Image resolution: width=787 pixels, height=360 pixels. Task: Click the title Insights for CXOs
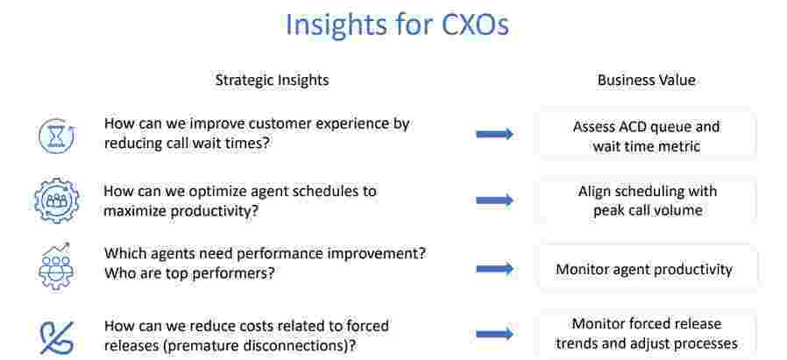click(x=397, y=25)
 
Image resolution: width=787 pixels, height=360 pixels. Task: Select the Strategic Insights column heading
click(x=272, y=81)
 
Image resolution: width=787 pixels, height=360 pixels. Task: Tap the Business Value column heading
click(x=647, y=81)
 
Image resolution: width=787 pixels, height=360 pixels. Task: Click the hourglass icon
click(x=57, y=136)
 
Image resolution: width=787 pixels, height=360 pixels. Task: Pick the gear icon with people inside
click(x=56, y=201)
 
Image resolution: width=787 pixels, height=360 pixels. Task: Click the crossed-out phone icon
click(x=56, y=337)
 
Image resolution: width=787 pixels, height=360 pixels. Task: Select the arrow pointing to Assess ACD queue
click(x=494, y=134)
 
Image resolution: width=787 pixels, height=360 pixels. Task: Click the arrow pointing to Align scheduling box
click(x=494, y=201)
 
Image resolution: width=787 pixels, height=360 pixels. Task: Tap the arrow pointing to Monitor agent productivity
click(x=494, y=269)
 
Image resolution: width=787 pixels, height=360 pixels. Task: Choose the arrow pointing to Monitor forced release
click(x=494, y=334)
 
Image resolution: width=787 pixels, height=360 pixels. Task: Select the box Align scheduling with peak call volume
click(x=648, y=200)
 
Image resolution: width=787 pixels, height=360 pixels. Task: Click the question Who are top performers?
click(x=189, y=274)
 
